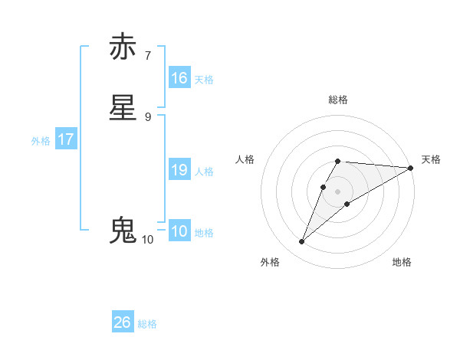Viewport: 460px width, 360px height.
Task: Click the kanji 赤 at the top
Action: point(123,47)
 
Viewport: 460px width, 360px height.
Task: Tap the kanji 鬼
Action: point(123,231)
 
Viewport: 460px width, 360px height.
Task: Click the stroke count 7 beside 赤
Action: point(148,55)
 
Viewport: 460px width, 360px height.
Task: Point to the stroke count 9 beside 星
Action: point(148,116)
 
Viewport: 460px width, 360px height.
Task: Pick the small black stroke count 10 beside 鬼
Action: point(148,240)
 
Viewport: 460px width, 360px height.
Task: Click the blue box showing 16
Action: point(179,78)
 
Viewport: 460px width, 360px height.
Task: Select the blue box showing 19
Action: point(179,170)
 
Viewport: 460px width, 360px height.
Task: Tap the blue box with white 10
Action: point(179,231)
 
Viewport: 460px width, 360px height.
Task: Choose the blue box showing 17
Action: point(66,139)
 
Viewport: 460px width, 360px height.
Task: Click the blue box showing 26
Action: point(123,322)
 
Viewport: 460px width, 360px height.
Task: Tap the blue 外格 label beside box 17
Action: point(41,141)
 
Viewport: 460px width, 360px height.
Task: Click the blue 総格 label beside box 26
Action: point(147,324)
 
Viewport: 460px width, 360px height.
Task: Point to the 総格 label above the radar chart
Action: point(338,100)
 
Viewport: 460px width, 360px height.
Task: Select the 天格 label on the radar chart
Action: point(431,159)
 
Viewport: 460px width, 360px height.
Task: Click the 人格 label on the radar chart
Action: point(245,159)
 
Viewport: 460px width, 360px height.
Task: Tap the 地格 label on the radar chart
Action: point(402,262)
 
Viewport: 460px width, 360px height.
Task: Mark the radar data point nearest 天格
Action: point(411,168)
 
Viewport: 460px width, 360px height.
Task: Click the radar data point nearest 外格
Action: point(301,242)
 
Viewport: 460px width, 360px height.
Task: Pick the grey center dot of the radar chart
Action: point(338,191)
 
